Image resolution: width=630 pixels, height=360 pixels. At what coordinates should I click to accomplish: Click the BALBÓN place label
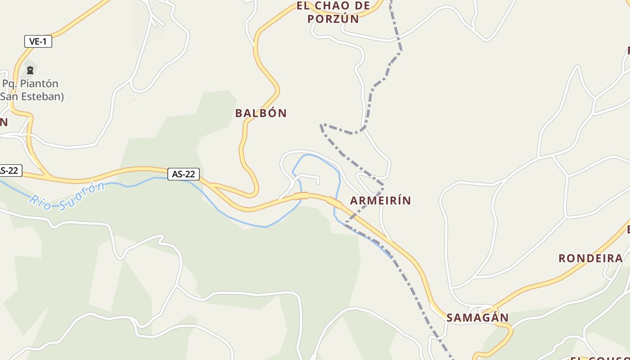tap(261, 113)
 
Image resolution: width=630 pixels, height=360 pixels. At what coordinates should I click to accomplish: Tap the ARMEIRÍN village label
tap(380, 200)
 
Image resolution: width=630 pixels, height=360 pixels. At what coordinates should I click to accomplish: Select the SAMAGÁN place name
tap(477, 317)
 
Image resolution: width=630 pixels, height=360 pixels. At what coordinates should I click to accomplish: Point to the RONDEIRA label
tap(590, 258)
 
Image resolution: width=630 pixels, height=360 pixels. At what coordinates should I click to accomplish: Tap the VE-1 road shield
tap(38, 42)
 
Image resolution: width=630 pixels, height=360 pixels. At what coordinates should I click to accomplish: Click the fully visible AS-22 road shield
tap(184, 174)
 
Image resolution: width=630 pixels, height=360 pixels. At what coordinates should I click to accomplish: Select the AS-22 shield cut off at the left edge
tap(9, 171)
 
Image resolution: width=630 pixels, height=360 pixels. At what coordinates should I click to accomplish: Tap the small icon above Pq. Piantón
tap(30, 70)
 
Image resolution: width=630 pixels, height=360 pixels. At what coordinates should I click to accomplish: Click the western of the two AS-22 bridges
tap(301, 195)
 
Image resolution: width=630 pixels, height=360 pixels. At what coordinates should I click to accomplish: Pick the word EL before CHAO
tap(304, 6)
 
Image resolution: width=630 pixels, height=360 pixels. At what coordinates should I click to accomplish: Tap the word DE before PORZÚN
tap(363, 6)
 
